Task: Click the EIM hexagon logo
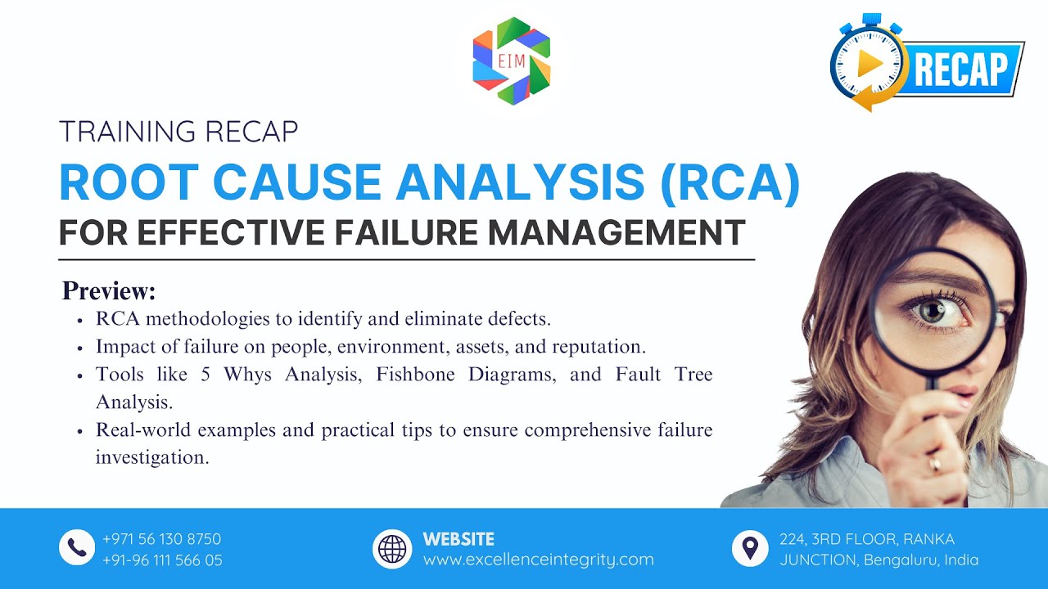point(512,61)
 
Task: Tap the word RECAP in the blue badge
point(960,70)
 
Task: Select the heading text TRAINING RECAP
point(178,132)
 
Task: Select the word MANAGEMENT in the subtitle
point(617,232)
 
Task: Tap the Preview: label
point(109,291)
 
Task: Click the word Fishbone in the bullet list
point(418,375)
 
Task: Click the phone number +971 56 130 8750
point(161,539)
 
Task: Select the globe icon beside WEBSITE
point(392,548)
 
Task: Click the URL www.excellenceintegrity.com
point(538,560)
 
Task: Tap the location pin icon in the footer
point(750,547)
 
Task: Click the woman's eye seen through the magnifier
point(931,311)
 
